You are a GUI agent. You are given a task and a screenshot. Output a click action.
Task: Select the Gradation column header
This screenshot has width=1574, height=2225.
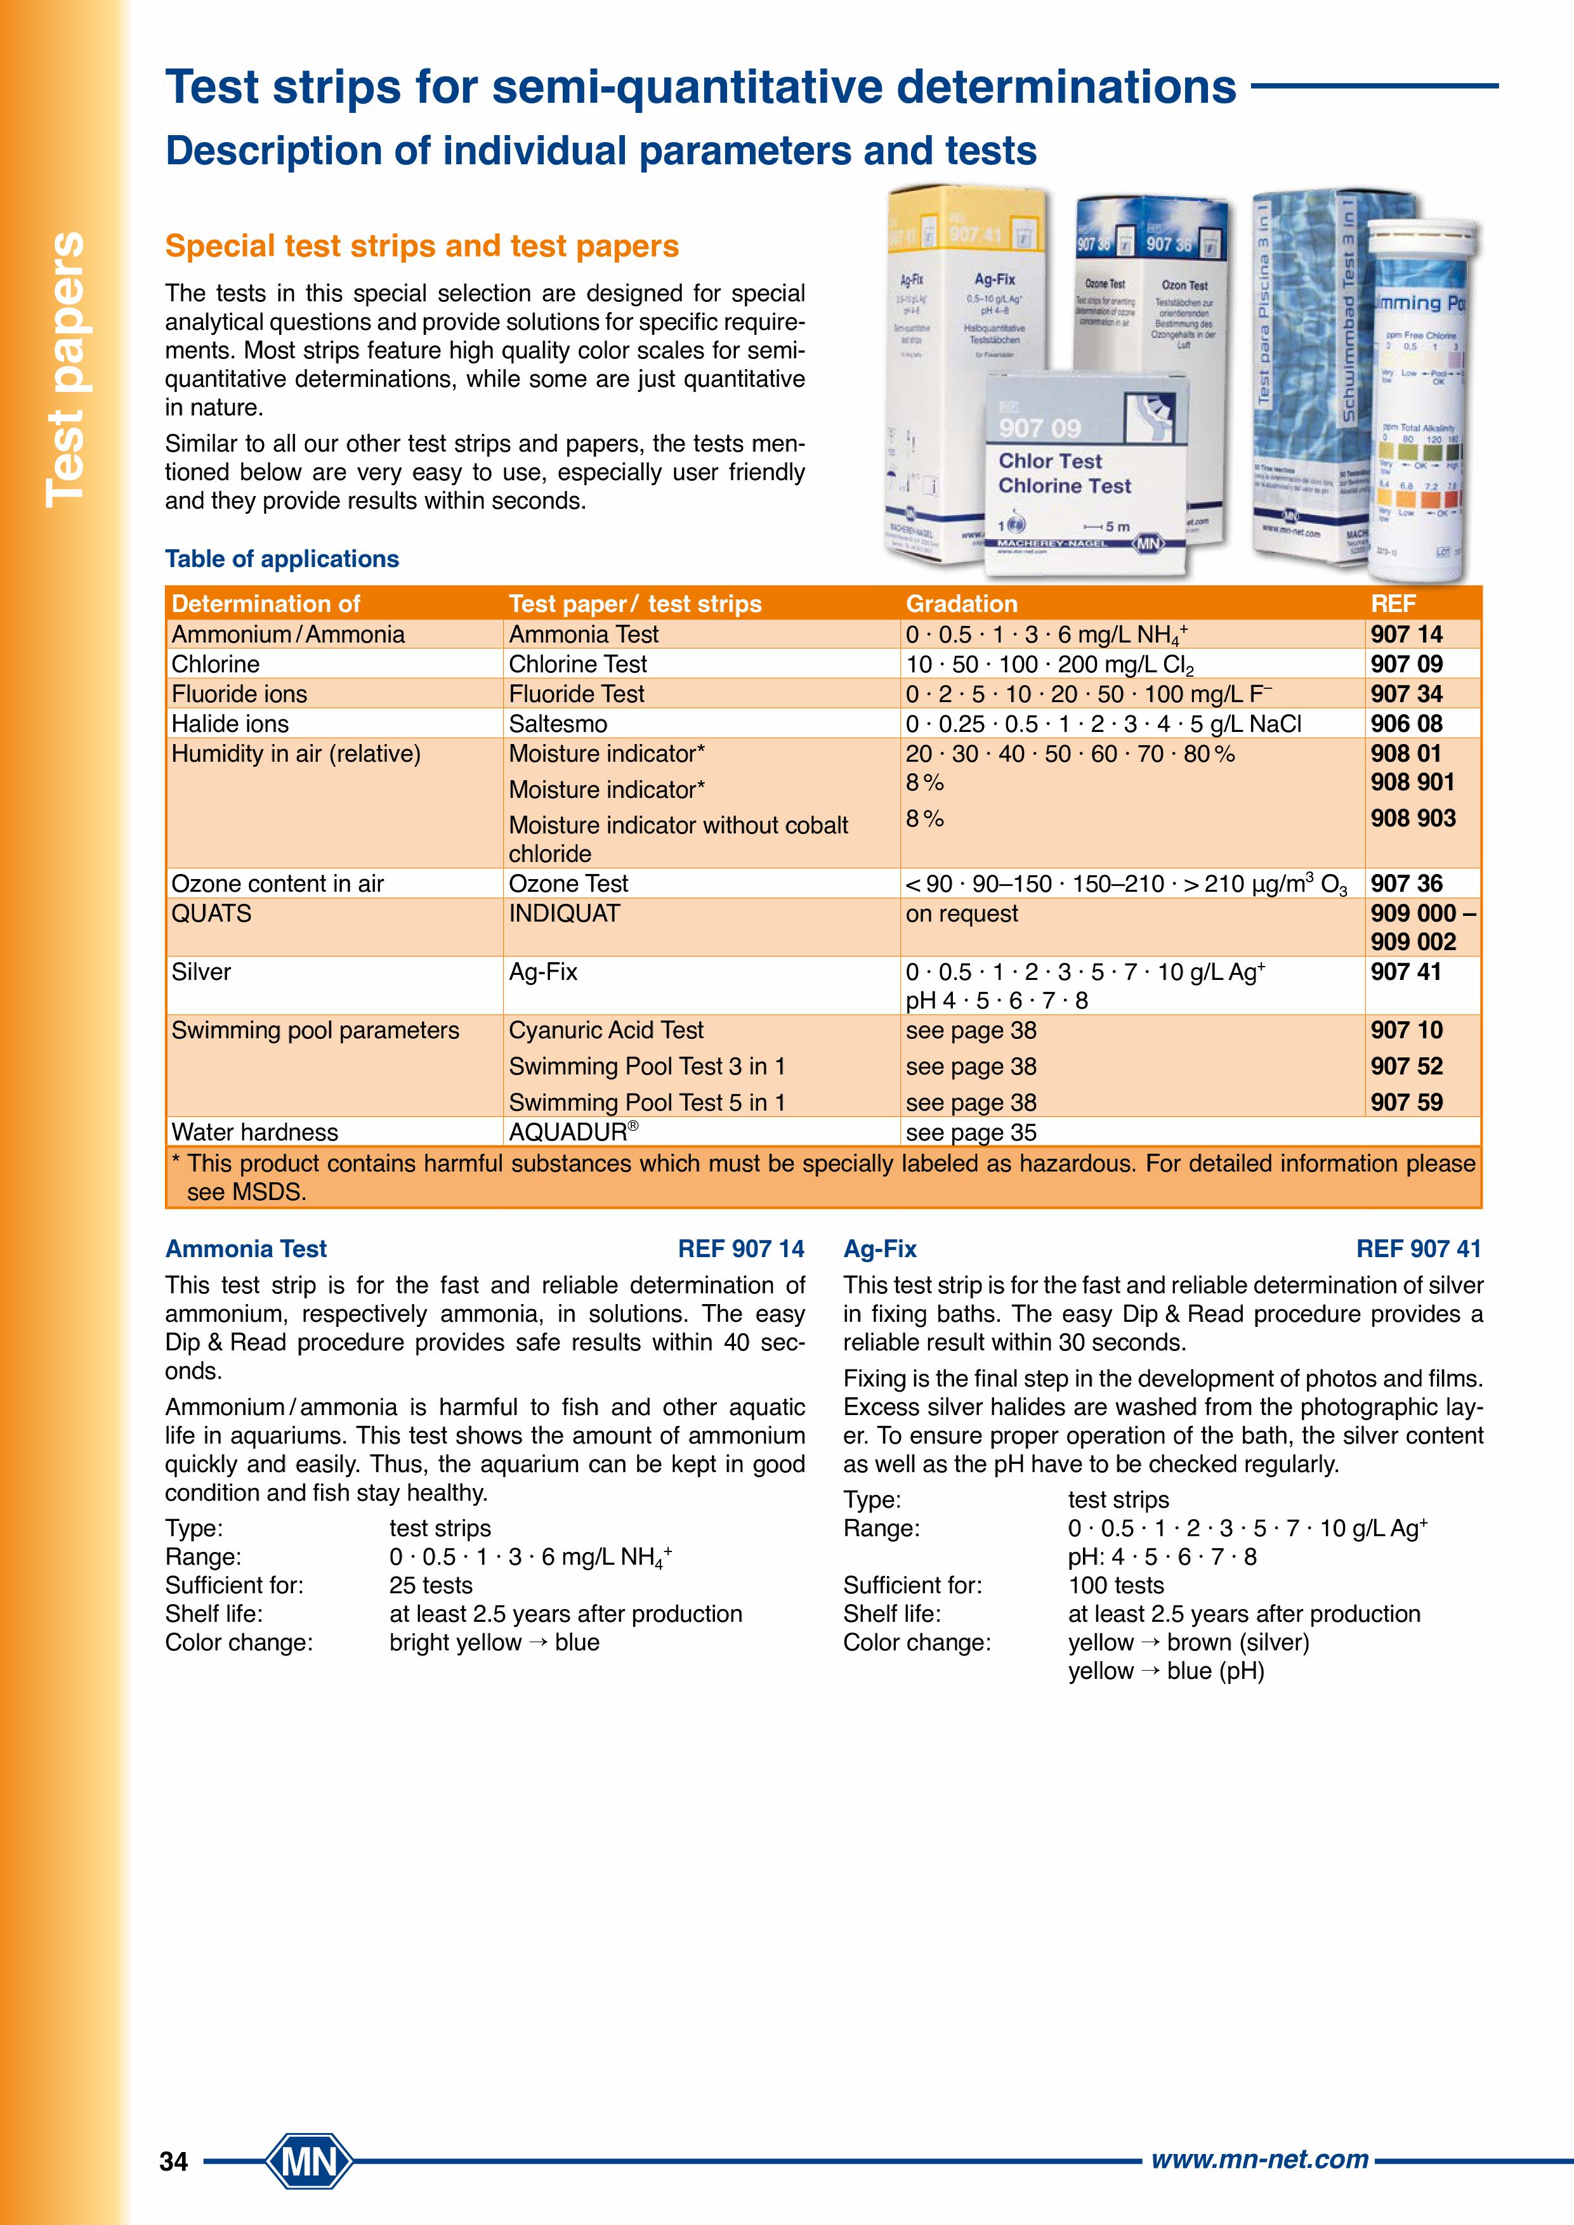(961, 604)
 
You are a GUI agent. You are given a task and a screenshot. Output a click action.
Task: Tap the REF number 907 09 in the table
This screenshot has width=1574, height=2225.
(1407, 664)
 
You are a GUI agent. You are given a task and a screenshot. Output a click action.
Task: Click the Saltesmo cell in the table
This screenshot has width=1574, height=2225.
(558, 724)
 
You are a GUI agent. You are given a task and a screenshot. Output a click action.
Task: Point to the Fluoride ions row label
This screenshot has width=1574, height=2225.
(239, 694)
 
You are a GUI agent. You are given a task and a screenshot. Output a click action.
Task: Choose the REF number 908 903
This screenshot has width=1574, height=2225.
(1413, 818)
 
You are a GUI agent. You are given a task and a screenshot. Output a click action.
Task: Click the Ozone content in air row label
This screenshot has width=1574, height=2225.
(277, 884)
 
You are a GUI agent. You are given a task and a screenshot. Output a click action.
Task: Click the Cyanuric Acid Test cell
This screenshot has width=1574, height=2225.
(606, 1030)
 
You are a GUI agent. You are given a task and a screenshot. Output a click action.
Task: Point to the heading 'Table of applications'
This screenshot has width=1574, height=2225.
(282, 559)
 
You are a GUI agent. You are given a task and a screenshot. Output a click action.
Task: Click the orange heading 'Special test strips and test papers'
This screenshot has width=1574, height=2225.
(422, 246)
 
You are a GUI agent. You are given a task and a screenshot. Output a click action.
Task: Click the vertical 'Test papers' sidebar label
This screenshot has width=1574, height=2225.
(65, 369)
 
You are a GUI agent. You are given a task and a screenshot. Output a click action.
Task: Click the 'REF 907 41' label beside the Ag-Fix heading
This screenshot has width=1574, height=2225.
(1419, 1249)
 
